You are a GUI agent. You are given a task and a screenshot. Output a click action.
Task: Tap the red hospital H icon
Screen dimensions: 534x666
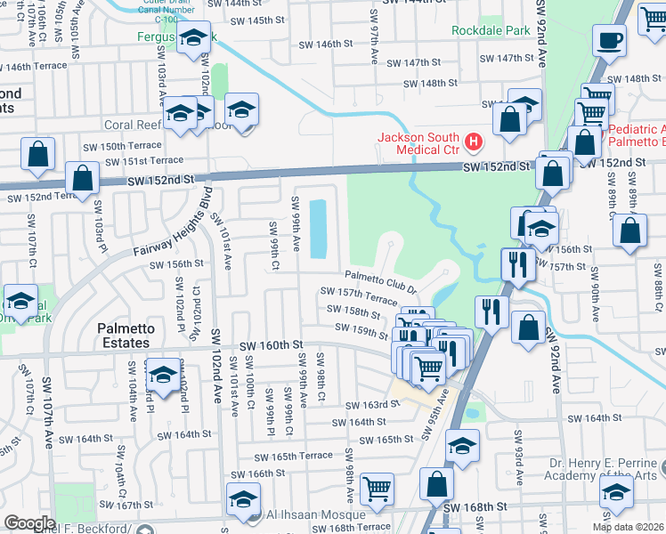pos(474,141)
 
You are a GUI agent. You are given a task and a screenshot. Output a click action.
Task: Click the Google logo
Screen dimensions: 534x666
pos(29,523)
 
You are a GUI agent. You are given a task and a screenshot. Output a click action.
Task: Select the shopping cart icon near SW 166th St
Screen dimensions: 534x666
pos(378,489)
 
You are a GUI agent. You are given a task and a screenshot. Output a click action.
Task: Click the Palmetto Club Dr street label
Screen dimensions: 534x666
pos(381,282)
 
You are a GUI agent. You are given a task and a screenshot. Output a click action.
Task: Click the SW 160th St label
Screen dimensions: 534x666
pos(271,344)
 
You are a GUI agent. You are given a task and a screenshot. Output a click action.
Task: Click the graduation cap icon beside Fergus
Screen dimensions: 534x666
pos(191,39)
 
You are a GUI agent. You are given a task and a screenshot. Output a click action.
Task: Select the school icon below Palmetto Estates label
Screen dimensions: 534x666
pos(162,376)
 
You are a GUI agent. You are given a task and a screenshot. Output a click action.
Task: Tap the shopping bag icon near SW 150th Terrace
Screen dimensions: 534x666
pos(39,155)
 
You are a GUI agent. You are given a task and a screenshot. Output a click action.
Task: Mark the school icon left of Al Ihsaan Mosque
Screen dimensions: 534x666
pos(243,500)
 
